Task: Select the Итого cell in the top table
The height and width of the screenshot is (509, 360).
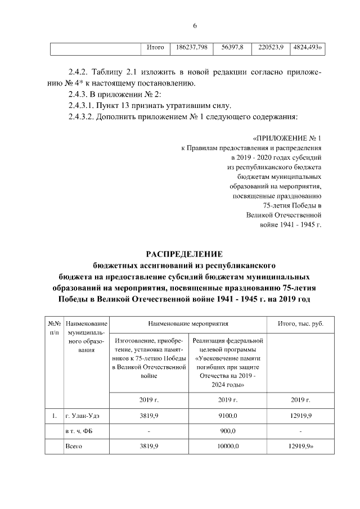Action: coord(155,48)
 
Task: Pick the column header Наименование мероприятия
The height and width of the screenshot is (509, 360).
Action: coord(188,325)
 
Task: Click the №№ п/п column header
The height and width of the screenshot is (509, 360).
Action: coord(54,328)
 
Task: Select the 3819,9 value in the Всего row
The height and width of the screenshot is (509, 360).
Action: coord(148,446)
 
